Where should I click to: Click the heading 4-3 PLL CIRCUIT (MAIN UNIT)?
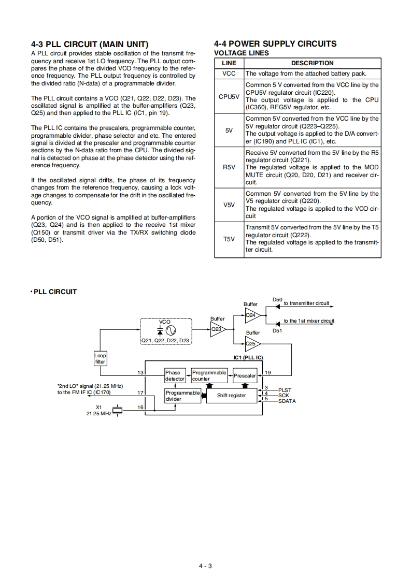pos(90,44)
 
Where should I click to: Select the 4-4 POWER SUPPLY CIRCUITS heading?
pos(275,44)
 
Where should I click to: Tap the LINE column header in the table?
pos(229,63)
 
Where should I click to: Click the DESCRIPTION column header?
pos(312,63)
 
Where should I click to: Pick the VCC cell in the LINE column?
pos(229,74)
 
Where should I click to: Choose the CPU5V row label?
pos(229,96)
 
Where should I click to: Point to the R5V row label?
pos(229,168)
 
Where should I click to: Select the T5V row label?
pos(229,239)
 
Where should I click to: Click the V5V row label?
pos(229,205)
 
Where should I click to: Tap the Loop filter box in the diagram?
pos(100,359)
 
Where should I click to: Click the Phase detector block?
pos(175,375)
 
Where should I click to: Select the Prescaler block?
pos(245,375)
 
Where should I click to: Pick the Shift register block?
pos(231,396)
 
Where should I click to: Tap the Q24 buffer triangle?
pos(252,315)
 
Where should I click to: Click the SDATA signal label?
pos(287,401)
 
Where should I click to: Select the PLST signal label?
pos(285,390)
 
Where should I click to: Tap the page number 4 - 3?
pos(205,565)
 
